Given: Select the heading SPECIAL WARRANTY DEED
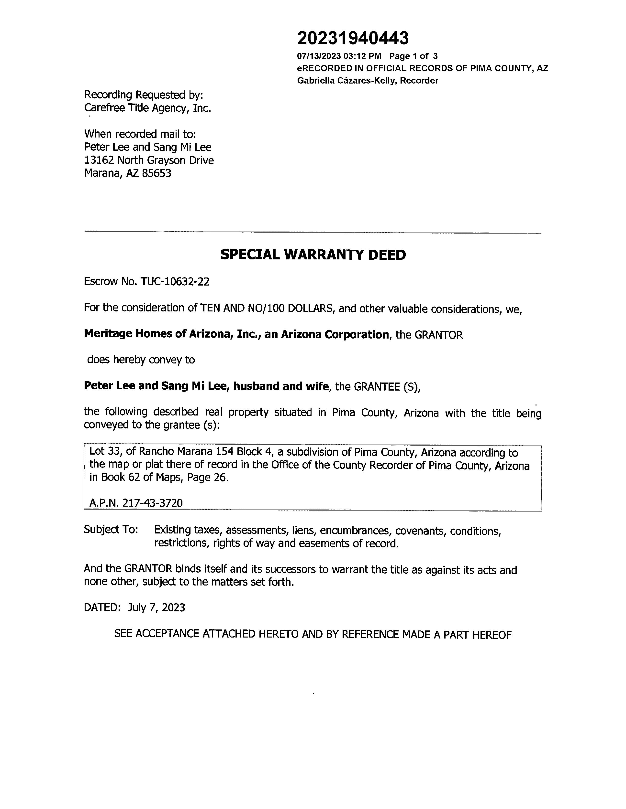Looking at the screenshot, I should point(313,255).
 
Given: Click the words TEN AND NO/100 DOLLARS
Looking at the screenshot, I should point(266,308).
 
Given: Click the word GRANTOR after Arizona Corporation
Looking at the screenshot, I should point(439,335).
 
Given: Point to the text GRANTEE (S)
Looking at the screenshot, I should point(387,387).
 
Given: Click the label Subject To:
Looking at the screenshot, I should point(111,530).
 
